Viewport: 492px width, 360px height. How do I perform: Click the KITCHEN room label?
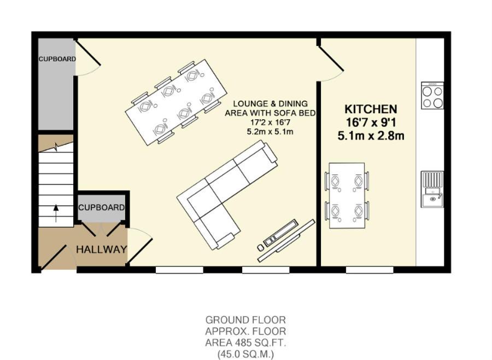click(371, 109)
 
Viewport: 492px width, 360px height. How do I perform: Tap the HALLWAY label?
click(101, 249)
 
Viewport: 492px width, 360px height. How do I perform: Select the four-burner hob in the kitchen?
click(432, 96)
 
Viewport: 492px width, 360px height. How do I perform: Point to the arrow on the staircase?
click(56, 213)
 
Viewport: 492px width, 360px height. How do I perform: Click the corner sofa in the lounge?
click(227, 195)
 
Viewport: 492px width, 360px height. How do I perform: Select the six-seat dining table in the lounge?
click(176, 102)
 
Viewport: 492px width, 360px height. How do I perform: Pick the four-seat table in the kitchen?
click(347, 195)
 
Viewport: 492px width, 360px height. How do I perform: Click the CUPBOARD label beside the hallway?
click(101, 207)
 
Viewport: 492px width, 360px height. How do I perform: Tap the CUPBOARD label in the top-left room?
click(57, 59)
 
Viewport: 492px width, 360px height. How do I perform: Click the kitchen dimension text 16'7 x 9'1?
click(371, 122)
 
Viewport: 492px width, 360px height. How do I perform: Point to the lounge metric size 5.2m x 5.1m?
click(270, 132)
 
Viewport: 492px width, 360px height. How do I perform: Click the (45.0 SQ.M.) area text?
click(245, 355)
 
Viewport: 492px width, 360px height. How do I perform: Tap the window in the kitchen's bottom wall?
click(370, 270)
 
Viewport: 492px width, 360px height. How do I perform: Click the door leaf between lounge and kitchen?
click(331, 59)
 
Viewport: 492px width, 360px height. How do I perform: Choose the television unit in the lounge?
click(286, 241)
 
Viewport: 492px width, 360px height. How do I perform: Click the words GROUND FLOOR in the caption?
click(245, 320)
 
